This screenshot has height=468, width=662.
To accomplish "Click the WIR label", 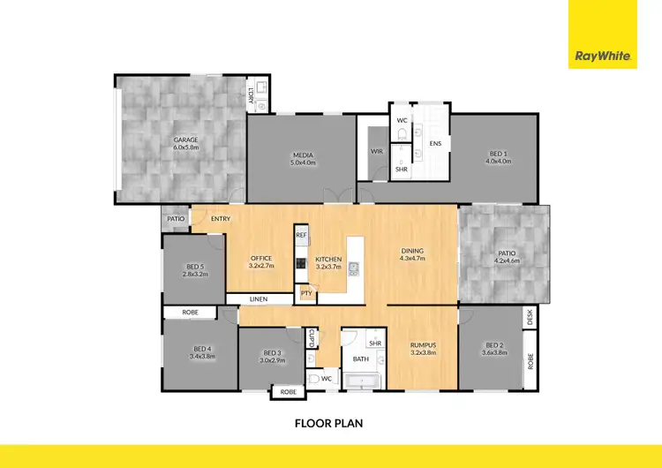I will point(376,151).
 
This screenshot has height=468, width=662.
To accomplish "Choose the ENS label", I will point(434,143).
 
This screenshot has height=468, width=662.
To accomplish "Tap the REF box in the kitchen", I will point(301,236).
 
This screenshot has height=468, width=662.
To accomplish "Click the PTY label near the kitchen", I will point(306,293).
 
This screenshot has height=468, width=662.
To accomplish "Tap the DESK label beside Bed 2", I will point(530,317).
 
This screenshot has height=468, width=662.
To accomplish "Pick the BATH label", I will point(360,359).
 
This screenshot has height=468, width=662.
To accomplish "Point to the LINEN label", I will point(258,299).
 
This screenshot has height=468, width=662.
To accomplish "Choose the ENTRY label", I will point(221,219).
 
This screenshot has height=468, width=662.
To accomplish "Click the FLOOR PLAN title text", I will point(328,423).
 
